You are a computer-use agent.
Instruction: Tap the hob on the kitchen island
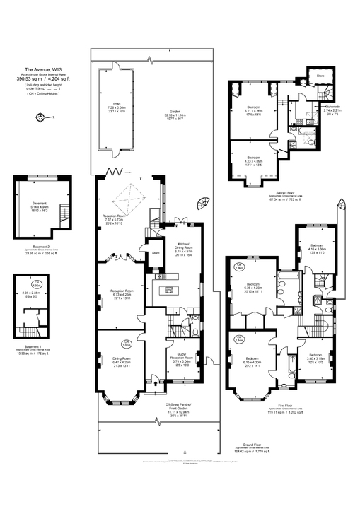coord(169,290)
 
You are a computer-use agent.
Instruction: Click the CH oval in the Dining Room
coord(127,345)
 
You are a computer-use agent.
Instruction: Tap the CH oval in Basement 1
coord(25,284)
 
